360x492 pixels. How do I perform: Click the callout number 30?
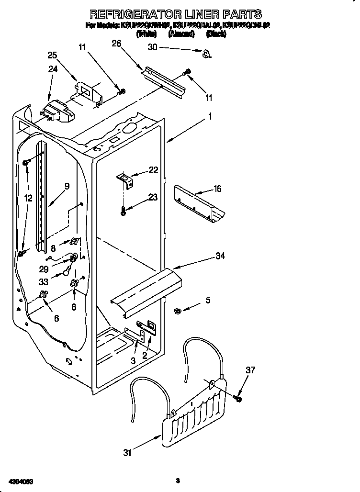[x=153, y=47]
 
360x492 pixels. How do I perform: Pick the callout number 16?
[x=217, y=189]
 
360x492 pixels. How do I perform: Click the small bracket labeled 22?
[x=127, y=179]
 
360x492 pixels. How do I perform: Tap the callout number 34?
[x=220, y=256]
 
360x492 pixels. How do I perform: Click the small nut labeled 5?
[x=177, y=312]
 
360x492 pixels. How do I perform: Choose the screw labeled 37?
[x=238, y=398]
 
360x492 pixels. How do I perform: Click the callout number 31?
[x=126, y=452]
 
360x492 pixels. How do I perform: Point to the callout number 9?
[x=67, y=186]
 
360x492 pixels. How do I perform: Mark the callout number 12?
[x=29, y=198]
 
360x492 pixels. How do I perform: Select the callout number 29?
[x=44, y=269]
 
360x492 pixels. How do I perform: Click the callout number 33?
[x=44, y=282]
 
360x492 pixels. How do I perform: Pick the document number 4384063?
[x=21, y=480]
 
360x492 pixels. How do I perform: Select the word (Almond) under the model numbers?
[x=181, y=34]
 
